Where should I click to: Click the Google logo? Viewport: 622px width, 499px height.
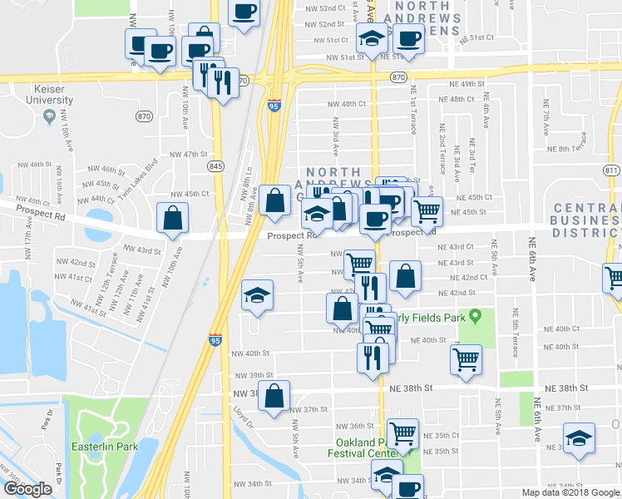coord(27,489)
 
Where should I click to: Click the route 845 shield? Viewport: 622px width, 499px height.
coord(216,166)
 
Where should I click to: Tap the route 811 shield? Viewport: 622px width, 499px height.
coord(612,170)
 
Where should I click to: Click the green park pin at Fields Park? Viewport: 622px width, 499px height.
coord(475,317)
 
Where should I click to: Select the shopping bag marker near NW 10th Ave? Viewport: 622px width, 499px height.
coord(172,220)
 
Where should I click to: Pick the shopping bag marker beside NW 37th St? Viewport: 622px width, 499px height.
coord(274,396)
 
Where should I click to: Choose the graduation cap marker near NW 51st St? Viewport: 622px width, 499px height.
coord(372,37)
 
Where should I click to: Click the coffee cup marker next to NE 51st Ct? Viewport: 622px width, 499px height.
coord(408,37)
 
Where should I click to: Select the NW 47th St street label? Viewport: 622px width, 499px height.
coord(187,154)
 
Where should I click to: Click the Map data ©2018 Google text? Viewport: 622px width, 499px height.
coord(570,492)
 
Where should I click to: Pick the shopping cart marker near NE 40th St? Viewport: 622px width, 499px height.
coord(466,359)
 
